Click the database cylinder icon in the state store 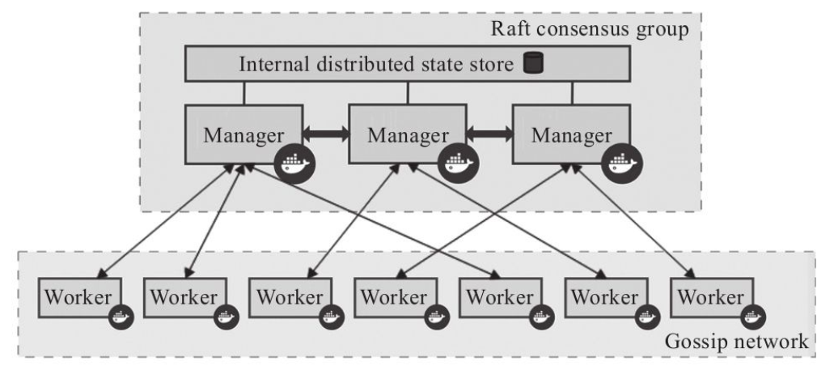point(533,63)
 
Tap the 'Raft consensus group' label point(590,29)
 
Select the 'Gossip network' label point(737,341)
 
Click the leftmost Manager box point(244,134)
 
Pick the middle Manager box point(408,134)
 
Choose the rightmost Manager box point(571,134)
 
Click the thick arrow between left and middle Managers point(326,134)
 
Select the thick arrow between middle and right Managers point(490,134)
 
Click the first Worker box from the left point(80,297)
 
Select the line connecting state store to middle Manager point(408,93)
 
